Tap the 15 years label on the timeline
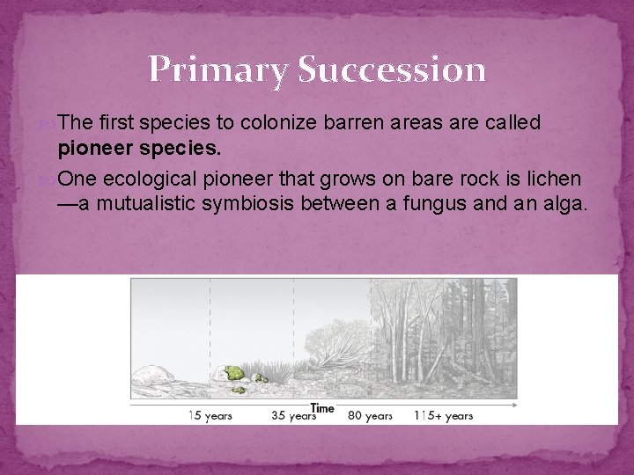pos(210,415)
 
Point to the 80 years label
pos(370,415)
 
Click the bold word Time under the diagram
pos(321,408)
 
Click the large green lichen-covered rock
pos(235,373)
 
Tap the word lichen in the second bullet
pos(555,179)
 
